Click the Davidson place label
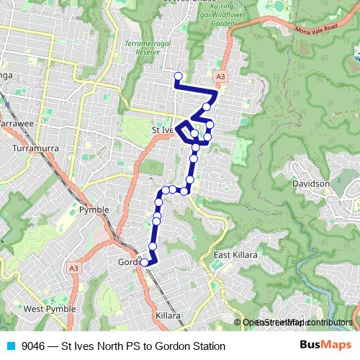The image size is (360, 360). [310, 184]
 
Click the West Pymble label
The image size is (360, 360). [45, 309]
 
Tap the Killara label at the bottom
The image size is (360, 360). [168, 316]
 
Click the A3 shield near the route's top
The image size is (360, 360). [220, 75]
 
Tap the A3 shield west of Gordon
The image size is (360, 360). [73, 268]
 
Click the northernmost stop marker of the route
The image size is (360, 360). [178, 76]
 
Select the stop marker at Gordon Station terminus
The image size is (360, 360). [145, 263]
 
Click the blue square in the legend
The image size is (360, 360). [10, 346]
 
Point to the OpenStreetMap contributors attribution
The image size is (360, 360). [297, 323]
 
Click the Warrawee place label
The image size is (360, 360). [16, 124]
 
